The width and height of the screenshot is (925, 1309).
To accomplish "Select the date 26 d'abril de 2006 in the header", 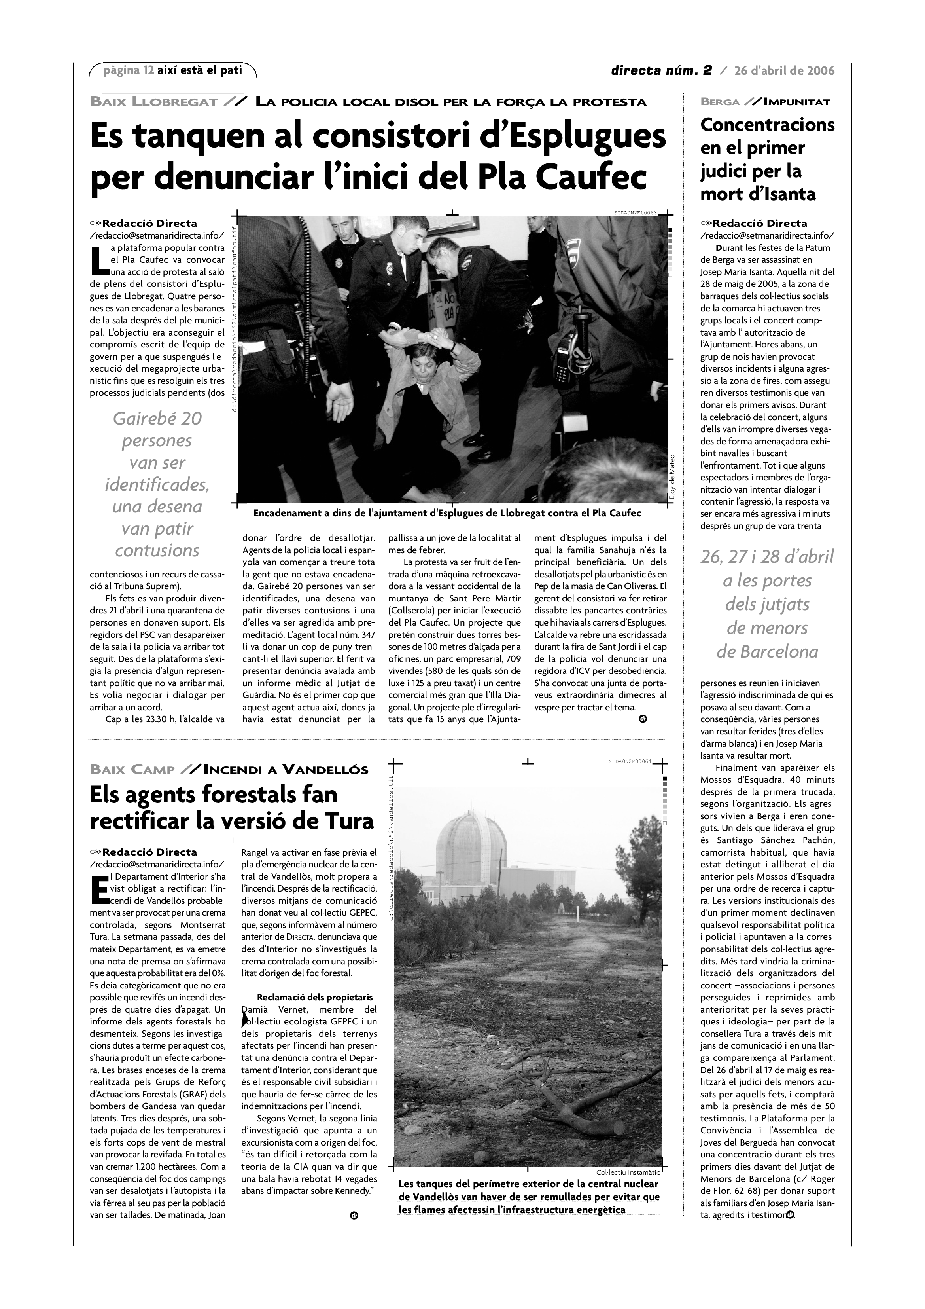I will pyautogui.click(x=784, y=71).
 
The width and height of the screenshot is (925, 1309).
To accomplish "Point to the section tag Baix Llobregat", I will pyautogui.click(x=154, y=102).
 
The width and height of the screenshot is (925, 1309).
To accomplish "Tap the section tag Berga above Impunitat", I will pyautogui.click(x=720, y=102).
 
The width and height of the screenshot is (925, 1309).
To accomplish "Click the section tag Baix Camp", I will pyautogui.click(x=132, y=770).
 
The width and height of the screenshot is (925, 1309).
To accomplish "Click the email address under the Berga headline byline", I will pyautogui.click(x=767, y=235).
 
